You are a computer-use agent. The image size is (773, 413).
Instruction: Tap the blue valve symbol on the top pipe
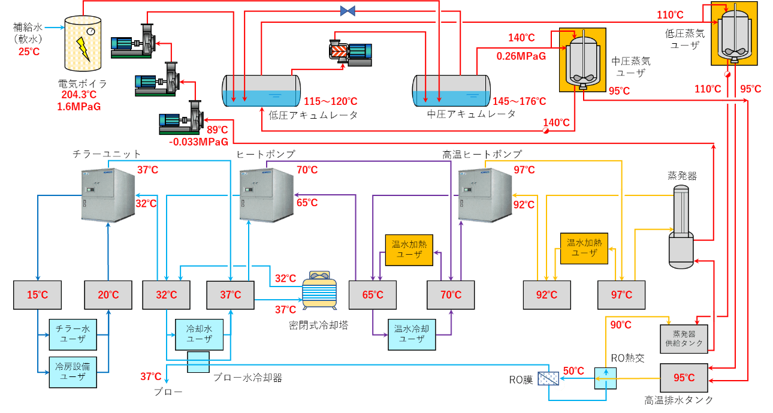[x=348, y=11]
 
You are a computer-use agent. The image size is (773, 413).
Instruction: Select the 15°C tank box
[x=37, y=295]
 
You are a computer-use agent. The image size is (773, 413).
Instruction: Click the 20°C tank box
[x=108, y=295]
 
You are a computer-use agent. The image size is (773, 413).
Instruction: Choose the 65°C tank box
[x=373, y=295]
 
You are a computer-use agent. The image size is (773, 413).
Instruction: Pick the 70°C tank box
[x=451, y=295]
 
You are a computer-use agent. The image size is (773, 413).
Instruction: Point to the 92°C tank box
[x=546, y=295]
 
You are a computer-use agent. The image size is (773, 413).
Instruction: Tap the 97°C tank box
[x=621, y=295]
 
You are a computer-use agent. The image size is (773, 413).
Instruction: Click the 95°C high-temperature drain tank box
[x=684, y=378]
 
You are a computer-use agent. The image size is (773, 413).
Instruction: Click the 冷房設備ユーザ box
[x=73, y=372]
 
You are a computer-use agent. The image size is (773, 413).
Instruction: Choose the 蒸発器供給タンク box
[x=684, y=339]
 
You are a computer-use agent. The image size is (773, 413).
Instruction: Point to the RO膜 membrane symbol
[x=548, y=379]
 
